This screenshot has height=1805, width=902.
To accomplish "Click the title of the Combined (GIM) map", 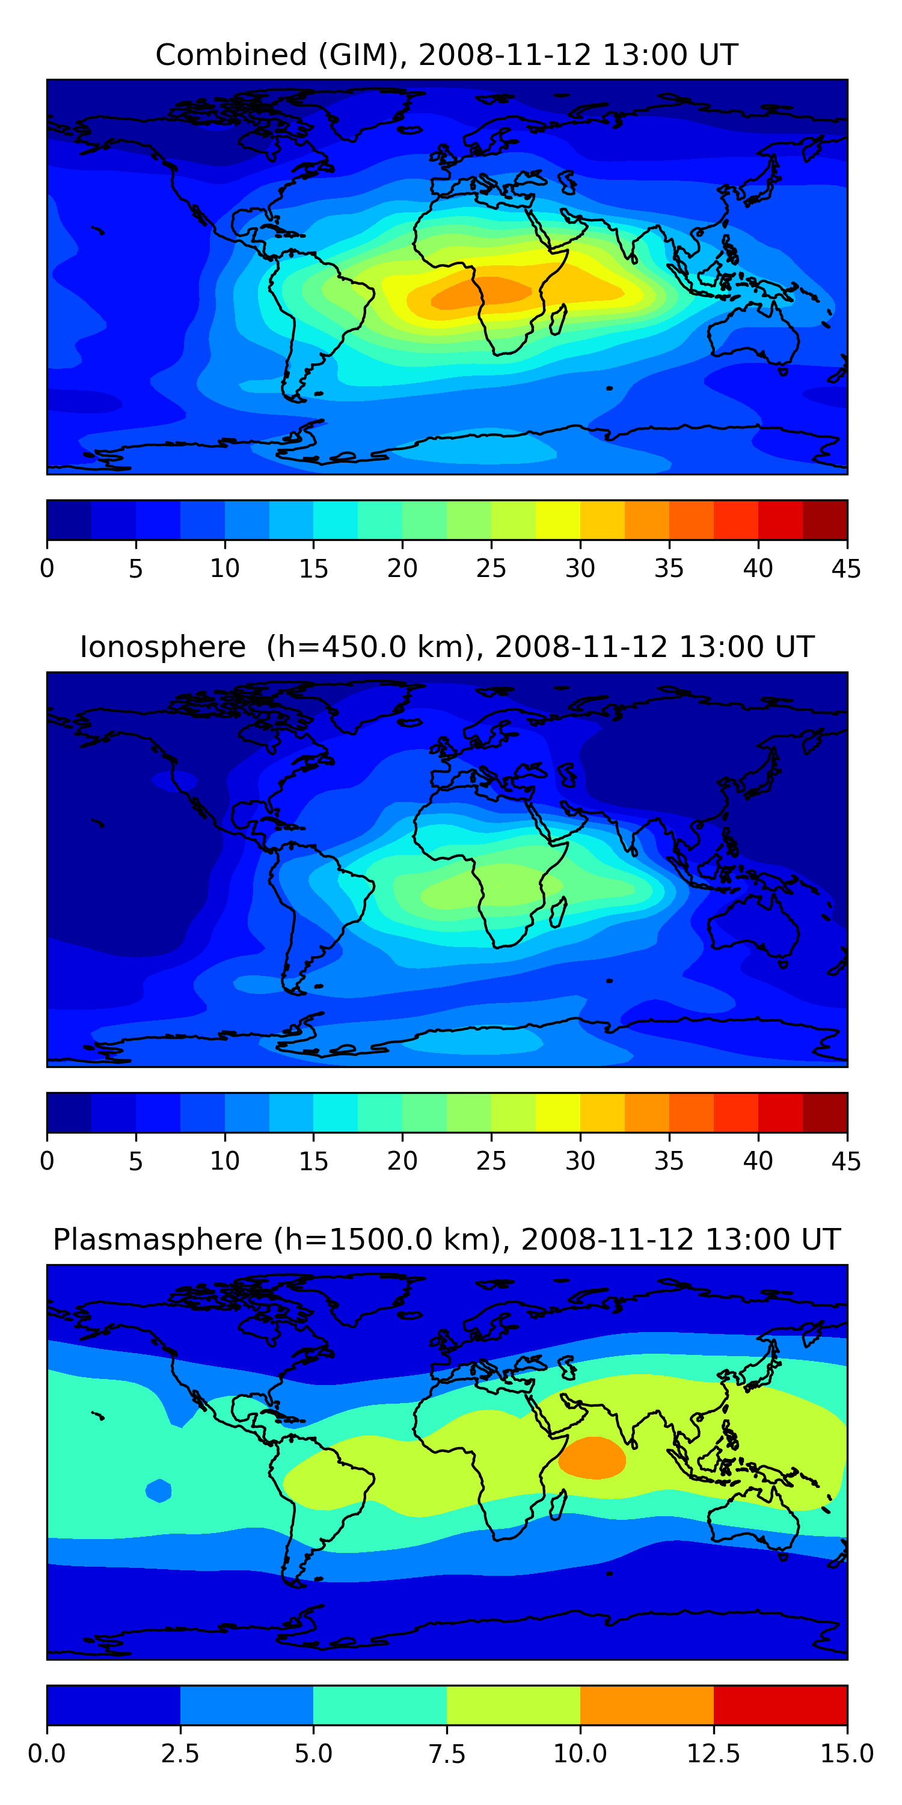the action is [x=447, y=55].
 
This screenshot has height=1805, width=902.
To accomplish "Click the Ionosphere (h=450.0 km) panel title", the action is [x=447, y=647].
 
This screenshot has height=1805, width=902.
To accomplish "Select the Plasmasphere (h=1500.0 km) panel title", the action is [x=447, y=1239].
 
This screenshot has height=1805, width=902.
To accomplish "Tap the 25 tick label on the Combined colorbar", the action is [x=491, y=568].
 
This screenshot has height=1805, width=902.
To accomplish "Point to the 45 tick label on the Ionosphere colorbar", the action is [x=846, y=1161].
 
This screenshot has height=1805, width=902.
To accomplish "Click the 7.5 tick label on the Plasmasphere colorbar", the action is [x=447, y=1754].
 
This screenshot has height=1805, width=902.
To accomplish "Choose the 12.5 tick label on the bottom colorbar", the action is [x=714, y=1754].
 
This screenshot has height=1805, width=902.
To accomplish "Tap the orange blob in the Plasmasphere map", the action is [x=592, y=1458].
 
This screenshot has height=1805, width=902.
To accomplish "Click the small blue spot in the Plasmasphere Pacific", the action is [x=159, y=1490].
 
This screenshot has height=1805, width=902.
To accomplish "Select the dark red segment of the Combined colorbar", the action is [x=825, y=520].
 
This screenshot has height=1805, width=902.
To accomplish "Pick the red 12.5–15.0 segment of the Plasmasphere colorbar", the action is [x=780, y=1705].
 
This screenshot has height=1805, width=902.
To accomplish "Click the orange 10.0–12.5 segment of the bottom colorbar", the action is [x=647, y=1705].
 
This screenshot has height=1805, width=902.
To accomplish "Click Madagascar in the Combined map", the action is [x=559, y=319].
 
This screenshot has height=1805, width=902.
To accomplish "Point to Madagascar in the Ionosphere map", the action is [x=559, y=912].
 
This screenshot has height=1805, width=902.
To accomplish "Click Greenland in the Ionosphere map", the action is [x=371, y=704].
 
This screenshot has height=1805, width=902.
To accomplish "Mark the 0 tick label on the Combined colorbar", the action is [x=47, y=568].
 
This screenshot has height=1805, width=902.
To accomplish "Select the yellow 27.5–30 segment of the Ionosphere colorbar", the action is [x=558, y=1112].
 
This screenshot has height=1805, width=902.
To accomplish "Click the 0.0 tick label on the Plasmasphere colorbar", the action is [x=47, y=1754].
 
